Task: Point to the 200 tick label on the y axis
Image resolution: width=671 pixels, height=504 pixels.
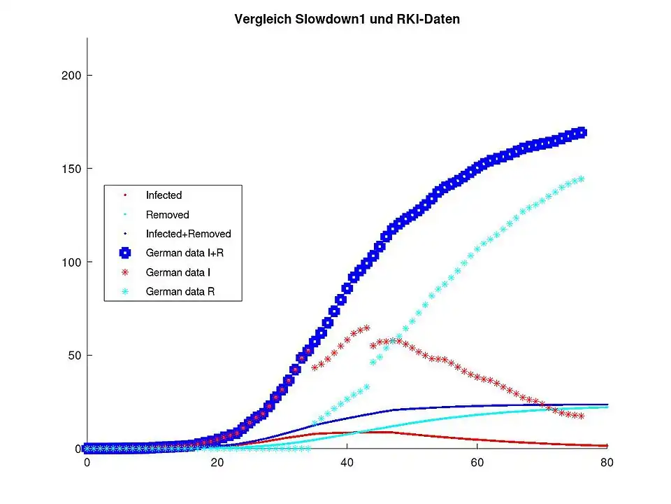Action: [72, 76]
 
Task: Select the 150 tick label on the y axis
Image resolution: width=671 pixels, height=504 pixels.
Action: [72, 169]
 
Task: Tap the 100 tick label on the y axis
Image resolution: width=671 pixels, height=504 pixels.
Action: [72, 262]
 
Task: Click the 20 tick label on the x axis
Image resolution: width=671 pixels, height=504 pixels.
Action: [217, 463]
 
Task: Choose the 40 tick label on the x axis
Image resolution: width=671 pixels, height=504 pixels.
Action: [347, 463]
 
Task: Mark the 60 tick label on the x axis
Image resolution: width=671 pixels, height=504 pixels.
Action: [477, 463]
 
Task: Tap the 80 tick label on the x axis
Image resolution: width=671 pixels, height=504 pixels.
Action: [607, 463]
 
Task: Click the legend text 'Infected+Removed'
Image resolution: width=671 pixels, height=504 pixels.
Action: [188, 234]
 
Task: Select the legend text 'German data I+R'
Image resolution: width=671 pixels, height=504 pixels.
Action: [185, 253]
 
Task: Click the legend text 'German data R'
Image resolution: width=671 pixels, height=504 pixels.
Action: [180, 291]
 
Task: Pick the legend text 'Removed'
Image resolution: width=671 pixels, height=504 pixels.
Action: [167, 215]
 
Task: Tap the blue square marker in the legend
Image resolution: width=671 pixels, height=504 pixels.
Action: [126, 253]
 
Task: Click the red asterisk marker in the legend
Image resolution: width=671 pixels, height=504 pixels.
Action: [126, 272]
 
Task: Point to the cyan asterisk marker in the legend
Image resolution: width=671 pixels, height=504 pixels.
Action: [126, 291]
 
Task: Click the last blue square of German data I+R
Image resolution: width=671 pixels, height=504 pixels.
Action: [580, 133]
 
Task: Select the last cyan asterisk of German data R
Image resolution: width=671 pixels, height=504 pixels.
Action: [580, 179]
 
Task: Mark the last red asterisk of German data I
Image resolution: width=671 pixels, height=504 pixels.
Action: [580, 416]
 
